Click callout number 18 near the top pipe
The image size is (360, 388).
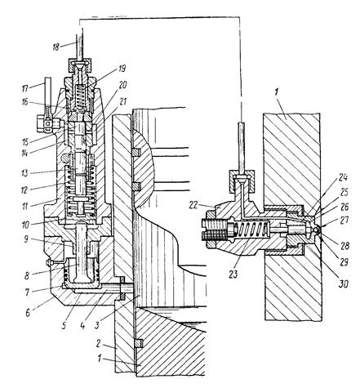(x=56, y=47)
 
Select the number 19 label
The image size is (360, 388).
(x=121, y=68)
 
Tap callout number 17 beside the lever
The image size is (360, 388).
(x=25, y=89)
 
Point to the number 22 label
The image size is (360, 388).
(x=193, y=205)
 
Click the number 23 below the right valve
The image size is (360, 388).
(x=233, y=274)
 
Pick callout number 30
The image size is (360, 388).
(x=344, y=284)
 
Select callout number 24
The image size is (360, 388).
(x=343, y=177)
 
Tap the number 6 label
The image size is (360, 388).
(x=28, y=313)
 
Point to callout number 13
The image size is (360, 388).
(x=24, y=173)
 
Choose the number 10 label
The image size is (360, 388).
(x=26, y=225)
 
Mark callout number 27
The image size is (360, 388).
(x=344, y=220)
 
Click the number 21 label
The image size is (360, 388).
(x=123, y=101)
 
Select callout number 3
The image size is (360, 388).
(x=97, y=325)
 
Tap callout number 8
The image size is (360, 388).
(x=27, y=275)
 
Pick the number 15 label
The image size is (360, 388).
(x=25, y=142)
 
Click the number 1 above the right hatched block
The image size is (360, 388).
(x=276, y=92)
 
